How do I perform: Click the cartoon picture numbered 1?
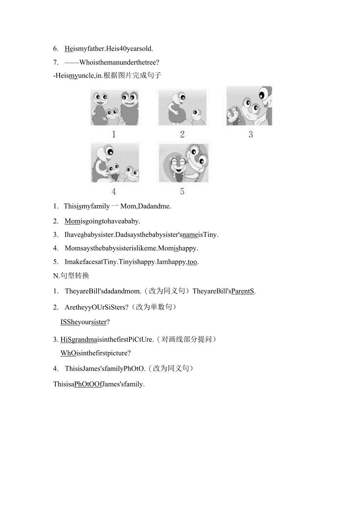[x=114, y=107]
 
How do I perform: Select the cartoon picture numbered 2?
[x=182, y=107]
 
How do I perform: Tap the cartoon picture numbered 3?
[x=249, y=106]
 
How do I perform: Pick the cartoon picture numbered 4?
[x=115, y=163]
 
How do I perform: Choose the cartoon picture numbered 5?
[x=183, y=163]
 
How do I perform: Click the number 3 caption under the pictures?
[x=251, y=135]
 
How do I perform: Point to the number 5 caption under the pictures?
[x=182, y=192]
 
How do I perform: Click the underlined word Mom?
[x=72, y=221]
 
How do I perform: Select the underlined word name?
[x=190, y=234]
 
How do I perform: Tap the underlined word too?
[x=192, y=262]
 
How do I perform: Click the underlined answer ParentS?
[x=243, y=291]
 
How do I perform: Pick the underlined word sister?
[x=98, y=322]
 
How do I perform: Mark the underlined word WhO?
[x=68, y=353]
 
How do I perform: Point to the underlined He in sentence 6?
[x=69, y=49]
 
